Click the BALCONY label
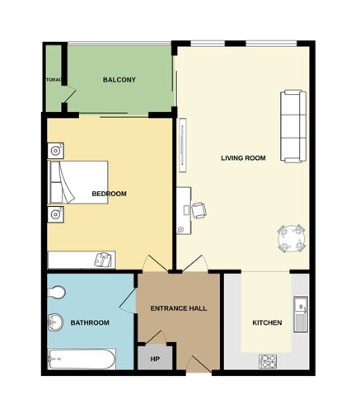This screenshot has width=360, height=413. tap(119, 80)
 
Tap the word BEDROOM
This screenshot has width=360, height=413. tap(109, 194)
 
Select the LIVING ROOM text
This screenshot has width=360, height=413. tap(243, 157)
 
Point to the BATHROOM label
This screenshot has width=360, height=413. tap(90, 322)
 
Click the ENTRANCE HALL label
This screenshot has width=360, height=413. tap(178, 308)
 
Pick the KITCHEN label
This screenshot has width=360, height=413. tap(267, 322)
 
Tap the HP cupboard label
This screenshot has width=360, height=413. tap(154, 359)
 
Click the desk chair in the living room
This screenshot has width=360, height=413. tap(200, 210)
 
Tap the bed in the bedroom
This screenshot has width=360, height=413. tap(79, 183)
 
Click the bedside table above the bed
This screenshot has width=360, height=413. tap(56, 151)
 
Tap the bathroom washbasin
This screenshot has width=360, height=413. tap(56, 322)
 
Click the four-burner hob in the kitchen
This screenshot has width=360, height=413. tap(268, 360)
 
